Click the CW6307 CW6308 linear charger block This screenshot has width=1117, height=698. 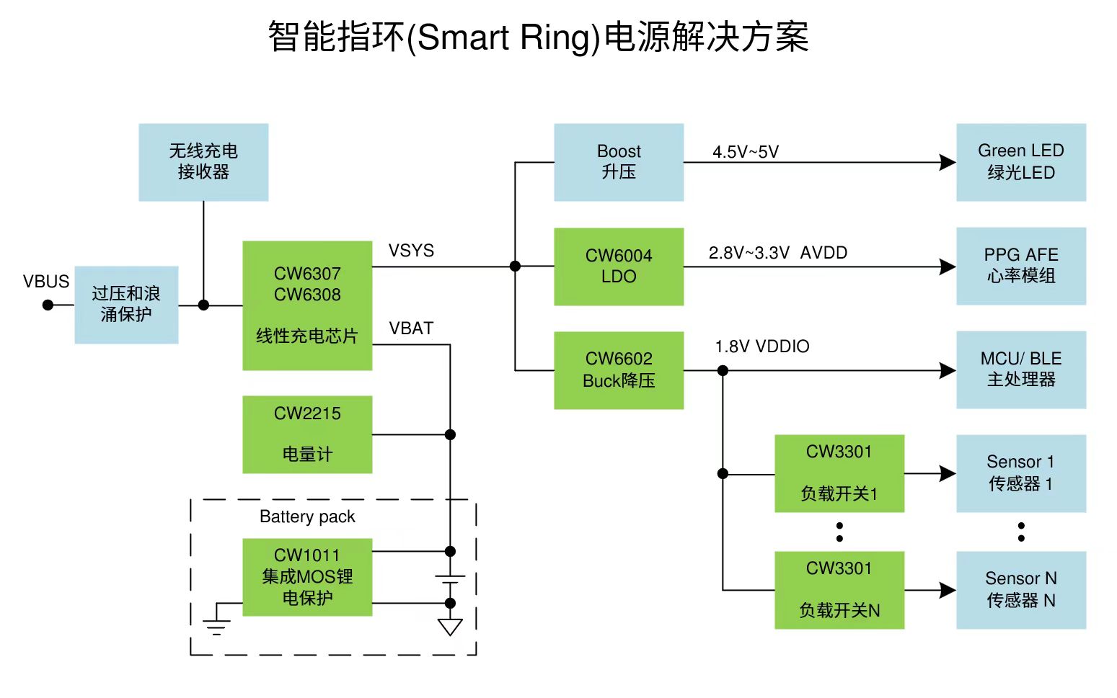tap(307, 305)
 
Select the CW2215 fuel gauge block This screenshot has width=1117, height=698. tap(307, 434)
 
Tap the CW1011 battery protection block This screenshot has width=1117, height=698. tap(307, 577)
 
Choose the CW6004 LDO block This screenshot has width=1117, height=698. tap(619, 267)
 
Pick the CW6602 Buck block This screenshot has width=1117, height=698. tap(619, 370)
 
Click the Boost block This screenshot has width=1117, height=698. tap(619, 162)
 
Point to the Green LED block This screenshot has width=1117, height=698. tap(1021, 162)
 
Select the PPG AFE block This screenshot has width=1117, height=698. tap(1021, 266)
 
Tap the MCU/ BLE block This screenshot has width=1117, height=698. tap(1021, 370)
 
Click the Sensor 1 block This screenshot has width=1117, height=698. tap(1021, 473)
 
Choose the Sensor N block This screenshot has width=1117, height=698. tap(1021, 590)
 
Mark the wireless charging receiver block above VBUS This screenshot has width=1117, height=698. tap(203, 162)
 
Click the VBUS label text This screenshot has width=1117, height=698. tap(46, 282)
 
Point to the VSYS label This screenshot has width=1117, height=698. tap(411, 251)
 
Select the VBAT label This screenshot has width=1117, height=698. tap(411, 328)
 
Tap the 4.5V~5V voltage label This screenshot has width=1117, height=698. tap(746, 152)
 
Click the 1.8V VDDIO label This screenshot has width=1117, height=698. tap(762, 346)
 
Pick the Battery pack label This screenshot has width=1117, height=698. tap(307, 516)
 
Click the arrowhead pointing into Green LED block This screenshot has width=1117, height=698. tap(948, 163)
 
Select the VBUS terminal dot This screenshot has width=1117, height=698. tap(48, 305)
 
